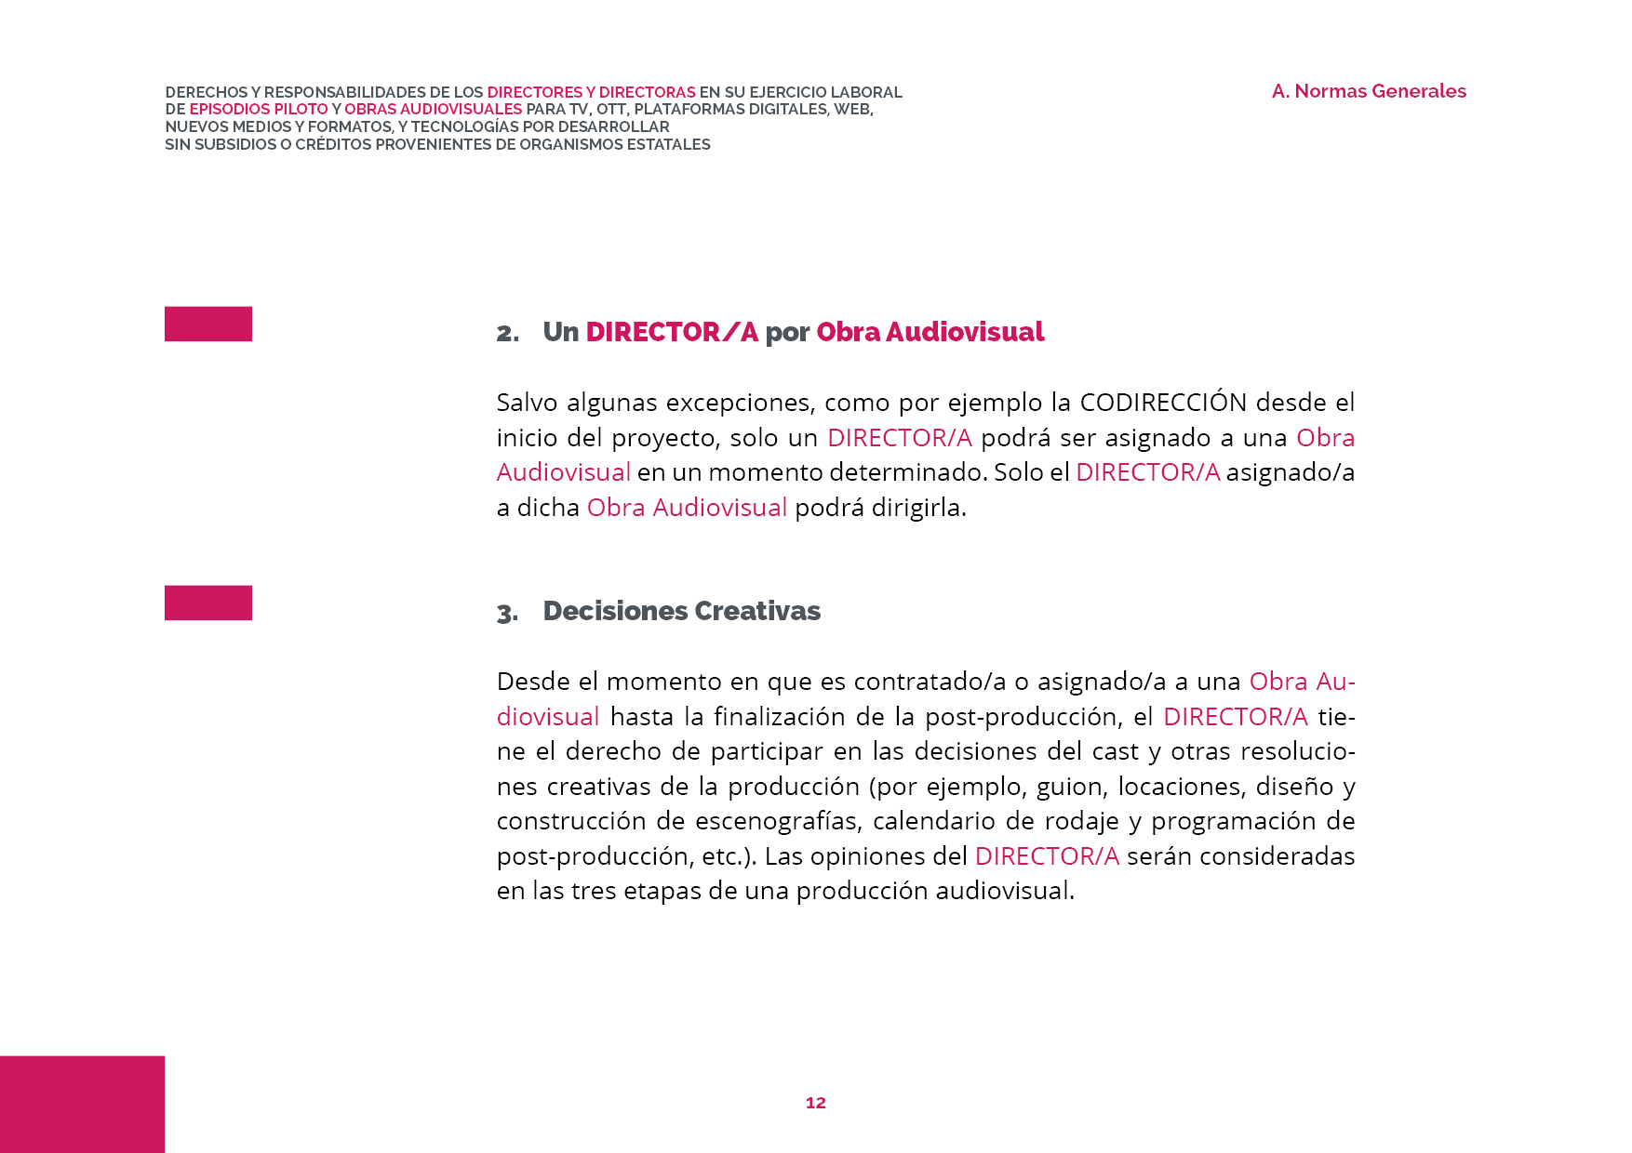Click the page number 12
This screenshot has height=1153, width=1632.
tap(816, 1103)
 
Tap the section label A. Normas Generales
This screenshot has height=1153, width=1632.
tap(1369, 91)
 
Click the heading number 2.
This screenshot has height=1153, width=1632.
tap(507, 333)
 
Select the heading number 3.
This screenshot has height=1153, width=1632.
tap(507, 613)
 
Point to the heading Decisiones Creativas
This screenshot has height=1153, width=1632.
tap(681, 611)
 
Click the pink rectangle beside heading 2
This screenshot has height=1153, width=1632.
tap(208, 324)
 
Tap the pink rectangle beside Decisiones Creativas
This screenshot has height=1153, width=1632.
tap(208, 603)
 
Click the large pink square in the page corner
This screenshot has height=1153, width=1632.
tap(82, 1104)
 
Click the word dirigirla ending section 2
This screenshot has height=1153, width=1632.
tap(918, 508)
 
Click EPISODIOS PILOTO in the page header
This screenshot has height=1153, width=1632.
tap(259, 109)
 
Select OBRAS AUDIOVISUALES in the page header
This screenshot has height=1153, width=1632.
tap(433, 109)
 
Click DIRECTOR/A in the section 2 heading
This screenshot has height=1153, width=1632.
tap(671, 332)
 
